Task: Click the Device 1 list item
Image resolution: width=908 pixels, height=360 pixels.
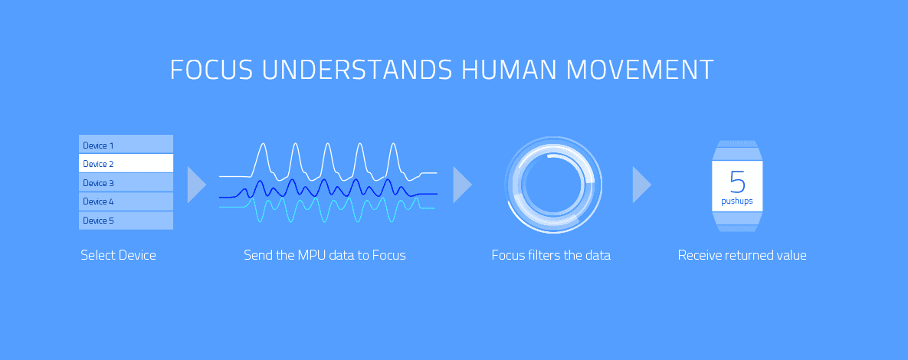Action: [x=126, y=144]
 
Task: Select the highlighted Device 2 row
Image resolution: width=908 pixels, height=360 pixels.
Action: [x=126, y=163]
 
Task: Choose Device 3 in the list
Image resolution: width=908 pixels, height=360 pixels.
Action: [x=126, y=182]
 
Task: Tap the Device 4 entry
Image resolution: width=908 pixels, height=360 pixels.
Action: [x=126, y=201]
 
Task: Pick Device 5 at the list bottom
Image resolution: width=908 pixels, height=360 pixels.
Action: [x=126, y=221]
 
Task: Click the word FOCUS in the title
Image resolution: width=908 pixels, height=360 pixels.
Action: [x=211, y=70]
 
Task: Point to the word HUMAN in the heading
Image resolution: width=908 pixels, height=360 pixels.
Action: [x=509, y=70]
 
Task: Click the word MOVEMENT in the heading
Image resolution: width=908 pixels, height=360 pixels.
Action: [x=640, y=70]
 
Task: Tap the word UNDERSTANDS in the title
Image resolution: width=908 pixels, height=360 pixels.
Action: [x=357, y=70]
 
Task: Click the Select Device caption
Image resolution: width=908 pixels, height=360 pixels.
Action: [x=118, y=255]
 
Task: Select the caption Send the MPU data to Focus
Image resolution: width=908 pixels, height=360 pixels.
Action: [x=325, y=255]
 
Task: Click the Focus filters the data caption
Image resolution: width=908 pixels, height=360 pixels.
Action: [x=551, y=255]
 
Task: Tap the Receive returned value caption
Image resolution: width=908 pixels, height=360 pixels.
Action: [x=742, y=255]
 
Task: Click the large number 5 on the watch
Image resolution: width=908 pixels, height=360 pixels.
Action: [x=737, y=182]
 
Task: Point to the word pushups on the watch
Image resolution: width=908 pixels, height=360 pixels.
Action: [x=737, y=201]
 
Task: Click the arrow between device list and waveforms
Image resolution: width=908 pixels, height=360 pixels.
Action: [x=195, y=185]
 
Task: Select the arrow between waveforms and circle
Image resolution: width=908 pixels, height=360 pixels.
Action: [x=461, y=185]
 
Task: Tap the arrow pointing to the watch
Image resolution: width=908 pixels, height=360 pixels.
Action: [x=641, y=185]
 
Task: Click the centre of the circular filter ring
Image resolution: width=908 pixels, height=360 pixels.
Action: [x=553, y=185]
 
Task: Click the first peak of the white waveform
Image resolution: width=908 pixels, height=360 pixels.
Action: [x=263, y=143]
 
